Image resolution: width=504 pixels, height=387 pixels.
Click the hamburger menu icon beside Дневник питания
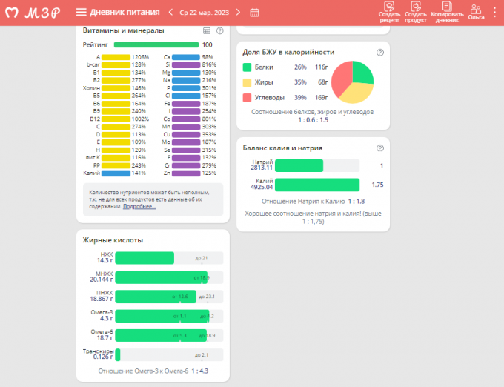pos(81,12)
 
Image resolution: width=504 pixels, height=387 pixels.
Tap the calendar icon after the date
pos(254,12)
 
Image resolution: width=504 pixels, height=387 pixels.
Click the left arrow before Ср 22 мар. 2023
pos(170,12)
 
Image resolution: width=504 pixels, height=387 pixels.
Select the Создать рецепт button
pos(389,12)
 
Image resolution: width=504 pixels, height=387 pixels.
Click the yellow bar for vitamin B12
pos(116,119)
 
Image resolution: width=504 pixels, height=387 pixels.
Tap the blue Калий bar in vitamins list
pos(116,173)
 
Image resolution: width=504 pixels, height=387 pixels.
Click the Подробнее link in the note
pos(139,206)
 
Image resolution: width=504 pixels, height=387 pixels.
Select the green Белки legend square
pos(248,67)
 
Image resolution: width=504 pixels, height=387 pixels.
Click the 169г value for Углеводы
pos(321,97)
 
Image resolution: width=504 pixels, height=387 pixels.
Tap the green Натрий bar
pos(299,166)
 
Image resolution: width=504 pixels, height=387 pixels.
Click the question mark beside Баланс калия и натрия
pos(379,148)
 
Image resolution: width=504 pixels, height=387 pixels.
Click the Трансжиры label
pos(98,351)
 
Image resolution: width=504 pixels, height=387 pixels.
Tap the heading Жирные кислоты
pos(113,239)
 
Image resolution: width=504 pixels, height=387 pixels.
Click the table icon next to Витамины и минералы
pos(207,30)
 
